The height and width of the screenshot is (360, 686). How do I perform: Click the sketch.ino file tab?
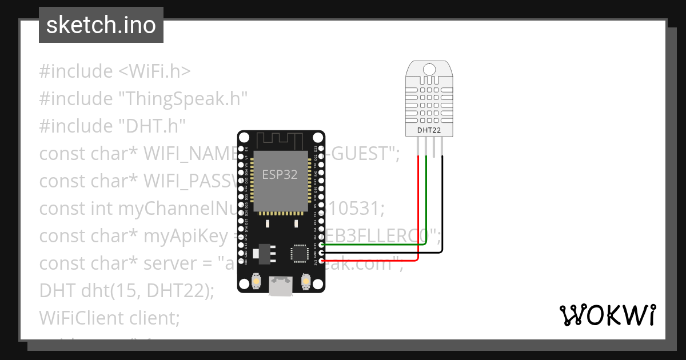coord(101,25)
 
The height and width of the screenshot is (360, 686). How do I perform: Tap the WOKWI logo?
coord(607,315)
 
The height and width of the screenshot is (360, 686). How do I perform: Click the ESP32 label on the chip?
coord(280,175)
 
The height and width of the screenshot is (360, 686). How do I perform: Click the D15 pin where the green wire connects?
coord(322,244)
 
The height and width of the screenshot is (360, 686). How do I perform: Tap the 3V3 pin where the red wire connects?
coord(322,261)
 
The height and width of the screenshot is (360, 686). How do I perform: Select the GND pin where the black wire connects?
coord(322,252)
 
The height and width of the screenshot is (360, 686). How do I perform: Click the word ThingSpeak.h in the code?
coord(182,98)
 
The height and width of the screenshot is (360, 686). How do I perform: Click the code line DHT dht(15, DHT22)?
coord(126,290)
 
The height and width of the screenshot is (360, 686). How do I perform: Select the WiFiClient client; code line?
coord(109,317)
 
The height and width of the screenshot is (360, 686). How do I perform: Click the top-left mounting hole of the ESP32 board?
coord(244,138)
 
